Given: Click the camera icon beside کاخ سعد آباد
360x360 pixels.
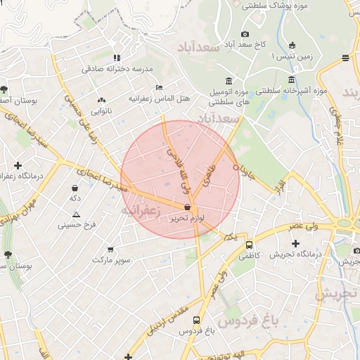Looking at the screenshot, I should coord(245,34).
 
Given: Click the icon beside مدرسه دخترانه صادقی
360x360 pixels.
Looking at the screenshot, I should coord(117,58).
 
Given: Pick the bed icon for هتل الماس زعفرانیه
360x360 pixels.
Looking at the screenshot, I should coord(160,87).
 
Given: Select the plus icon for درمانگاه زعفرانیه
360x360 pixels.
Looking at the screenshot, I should coord(18,165).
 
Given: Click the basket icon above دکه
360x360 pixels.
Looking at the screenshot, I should coord(94,188).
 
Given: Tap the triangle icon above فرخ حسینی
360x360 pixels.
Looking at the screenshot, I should coord(77,214).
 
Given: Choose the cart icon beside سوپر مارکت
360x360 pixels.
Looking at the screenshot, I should coord(110,249).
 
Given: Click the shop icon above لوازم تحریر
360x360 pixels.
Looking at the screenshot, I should coord(187,207).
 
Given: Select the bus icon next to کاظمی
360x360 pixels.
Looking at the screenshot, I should coord(250,245).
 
